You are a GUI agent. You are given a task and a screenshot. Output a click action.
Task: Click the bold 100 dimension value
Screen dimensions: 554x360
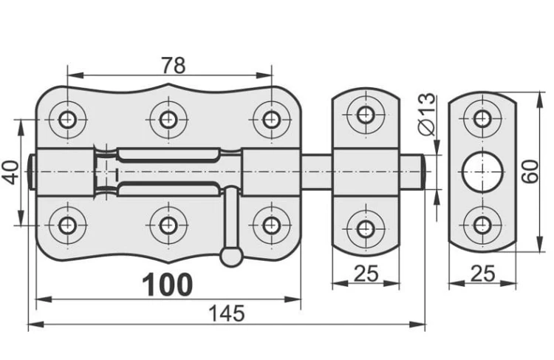[168, 285]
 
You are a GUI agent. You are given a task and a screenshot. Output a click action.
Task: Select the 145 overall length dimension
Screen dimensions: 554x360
[227, 313]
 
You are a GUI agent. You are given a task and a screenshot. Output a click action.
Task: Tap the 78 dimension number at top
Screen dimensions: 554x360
[173, 66]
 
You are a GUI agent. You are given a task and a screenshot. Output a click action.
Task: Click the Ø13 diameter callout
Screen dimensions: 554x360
[427, 114]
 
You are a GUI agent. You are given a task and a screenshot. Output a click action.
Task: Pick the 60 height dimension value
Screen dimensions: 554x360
[530, 171]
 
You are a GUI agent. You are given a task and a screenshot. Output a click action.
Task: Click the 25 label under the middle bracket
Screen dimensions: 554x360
[366, 274]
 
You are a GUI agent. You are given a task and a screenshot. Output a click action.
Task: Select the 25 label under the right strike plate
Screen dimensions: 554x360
[483, 274]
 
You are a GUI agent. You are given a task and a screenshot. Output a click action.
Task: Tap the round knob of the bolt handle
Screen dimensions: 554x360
[231, 256]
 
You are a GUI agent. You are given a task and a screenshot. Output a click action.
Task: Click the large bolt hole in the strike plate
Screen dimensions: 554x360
[482, 171]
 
